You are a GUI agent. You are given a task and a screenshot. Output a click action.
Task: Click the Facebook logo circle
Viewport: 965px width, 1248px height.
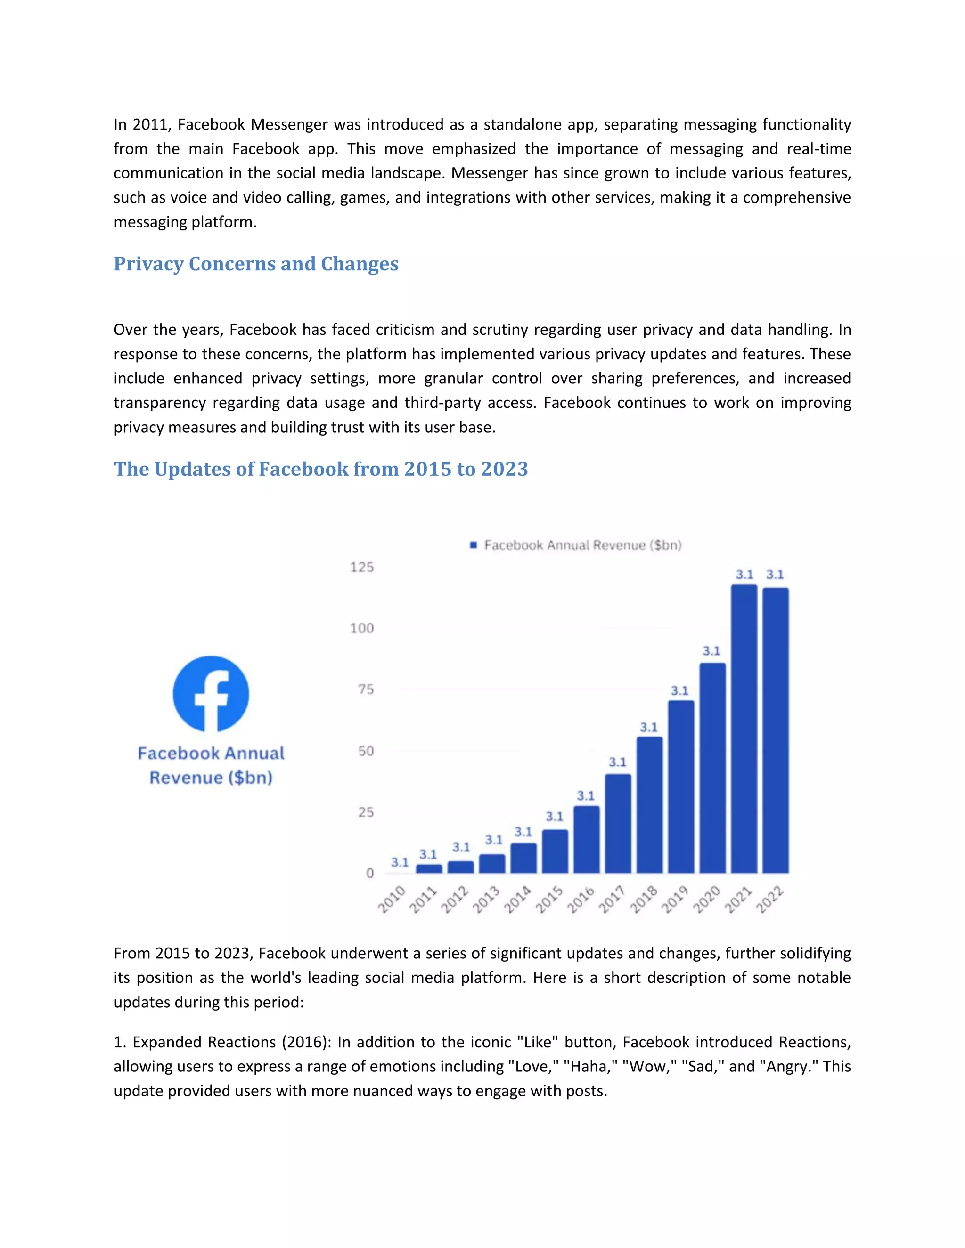coord(211,694)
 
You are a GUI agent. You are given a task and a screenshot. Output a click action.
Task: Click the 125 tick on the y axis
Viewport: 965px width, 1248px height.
coord(362,567)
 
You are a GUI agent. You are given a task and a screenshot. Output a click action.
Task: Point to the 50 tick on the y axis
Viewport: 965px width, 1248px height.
coord(366,751)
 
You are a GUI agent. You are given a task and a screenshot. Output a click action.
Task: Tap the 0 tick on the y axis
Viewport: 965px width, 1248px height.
coord(370,873)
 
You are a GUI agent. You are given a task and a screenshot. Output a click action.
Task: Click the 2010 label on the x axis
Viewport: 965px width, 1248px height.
coord(392,900)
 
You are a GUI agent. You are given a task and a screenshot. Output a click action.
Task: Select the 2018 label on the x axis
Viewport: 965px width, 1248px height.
coord(644,900)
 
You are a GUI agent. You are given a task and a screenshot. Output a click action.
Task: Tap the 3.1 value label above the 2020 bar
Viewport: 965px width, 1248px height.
coord(711,651)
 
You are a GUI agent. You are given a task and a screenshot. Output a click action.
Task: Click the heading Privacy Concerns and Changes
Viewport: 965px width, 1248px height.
coord(256,264)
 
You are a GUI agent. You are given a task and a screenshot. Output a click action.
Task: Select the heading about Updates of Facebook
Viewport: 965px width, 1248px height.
coord(321,469)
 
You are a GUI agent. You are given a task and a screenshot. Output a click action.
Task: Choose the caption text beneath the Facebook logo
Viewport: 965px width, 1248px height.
coord(211,765)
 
